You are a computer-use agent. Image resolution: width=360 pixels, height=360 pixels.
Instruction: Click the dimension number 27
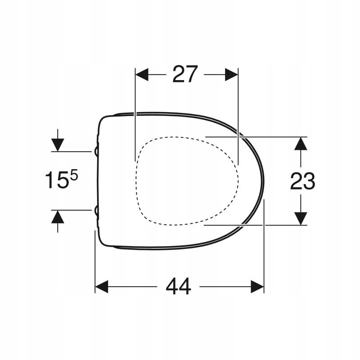185,74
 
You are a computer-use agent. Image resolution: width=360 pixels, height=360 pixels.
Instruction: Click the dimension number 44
178,286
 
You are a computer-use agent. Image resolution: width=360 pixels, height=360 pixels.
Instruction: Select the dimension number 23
302,181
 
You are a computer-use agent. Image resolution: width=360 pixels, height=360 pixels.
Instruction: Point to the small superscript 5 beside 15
74,176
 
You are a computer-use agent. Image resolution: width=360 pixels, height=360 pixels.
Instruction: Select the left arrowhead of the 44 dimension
101,286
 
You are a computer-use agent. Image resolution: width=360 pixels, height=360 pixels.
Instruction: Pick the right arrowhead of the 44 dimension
257,286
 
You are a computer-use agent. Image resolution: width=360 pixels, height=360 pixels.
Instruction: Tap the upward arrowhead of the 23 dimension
300,144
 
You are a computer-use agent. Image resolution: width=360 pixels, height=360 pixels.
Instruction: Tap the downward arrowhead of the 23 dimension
300,218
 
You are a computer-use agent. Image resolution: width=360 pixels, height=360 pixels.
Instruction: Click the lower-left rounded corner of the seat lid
103,242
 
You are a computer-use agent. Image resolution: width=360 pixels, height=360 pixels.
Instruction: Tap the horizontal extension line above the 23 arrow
256,136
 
